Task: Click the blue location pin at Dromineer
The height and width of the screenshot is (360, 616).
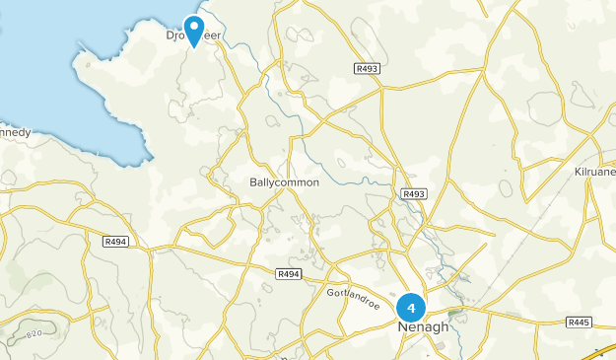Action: click(x=194, y=29)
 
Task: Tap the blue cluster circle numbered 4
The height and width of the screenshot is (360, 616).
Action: click(x=411, y=308)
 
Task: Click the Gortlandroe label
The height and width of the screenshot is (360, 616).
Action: click(x=352, y=294)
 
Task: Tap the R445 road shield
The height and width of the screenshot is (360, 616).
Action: click(x=579, y=323)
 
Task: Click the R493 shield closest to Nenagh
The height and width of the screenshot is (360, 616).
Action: click(x=414, y=195)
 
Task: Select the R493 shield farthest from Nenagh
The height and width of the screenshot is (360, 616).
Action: click(x=367, y=68)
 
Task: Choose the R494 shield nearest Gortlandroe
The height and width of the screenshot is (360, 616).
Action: click(x=288, y=273)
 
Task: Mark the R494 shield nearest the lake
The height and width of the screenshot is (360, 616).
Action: click(x=115, y=241)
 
